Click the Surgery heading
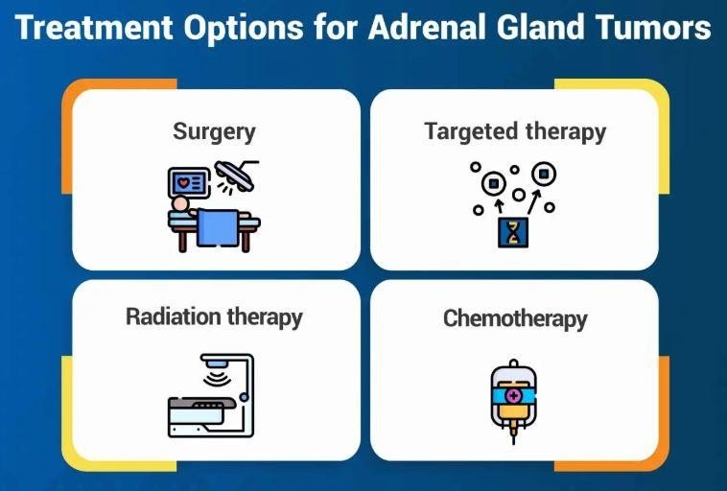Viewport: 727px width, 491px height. (214, 130)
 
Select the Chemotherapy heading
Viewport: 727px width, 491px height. (515, 318)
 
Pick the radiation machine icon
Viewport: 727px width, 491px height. (210, 395)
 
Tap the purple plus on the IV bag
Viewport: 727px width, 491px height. (514, 395)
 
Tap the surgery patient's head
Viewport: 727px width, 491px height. (180, 204)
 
